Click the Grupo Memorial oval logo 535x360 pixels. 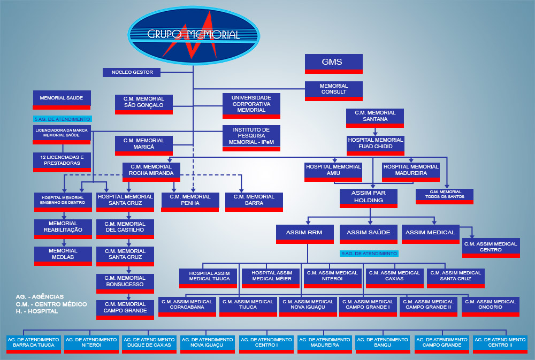(194, 35)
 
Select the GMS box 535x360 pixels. (333, 63)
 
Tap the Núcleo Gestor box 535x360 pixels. (132, 72)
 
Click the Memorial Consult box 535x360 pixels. (333, 89)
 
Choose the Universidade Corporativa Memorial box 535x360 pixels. (251, 104)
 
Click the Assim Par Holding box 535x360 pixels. (368, 197)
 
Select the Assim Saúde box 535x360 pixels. (368, 233)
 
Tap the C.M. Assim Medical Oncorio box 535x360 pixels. (491, 305)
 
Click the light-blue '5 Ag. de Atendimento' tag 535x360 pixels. (62, 119)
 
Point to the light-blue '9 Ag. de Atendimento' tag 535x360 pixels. (369, 253)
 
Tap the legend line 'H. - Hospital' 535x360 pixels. (37, 311)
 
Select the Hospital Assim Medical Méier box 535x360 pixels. (271, 277)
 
